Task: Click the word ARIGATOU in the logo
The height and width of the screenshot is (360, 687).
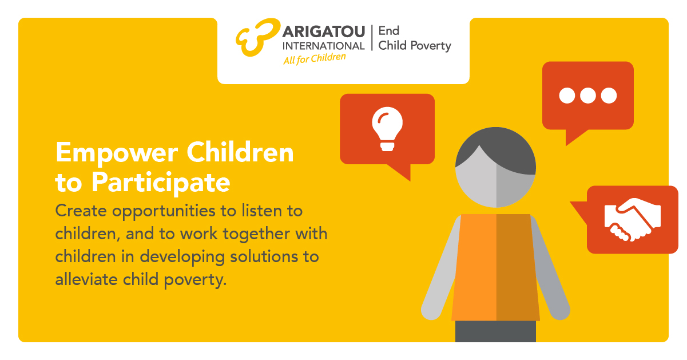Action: point(324,32)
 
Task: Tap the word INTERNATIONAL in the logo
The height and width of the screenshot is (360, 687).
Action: point(323,46)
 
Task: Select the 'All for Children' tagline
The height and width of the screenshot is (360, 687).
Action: point(315,58)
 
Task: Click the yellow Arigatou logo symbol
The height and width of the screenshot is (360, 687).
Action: point(257,37)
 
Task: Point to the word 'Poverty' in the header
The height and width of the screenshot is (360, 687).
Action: point(431,46)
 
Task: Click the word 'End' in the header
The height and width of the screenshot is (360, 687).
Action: point(389,31)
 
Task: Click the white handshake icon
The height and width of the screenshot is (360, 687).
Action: point(633,219)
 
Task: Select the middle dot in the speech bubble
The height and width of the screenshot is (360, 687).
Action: point(587,96)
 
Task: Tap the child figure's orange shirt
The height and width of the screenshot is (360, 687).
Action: point(495,267)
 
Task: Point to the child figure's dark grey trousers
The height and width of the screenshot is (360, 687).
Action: point(495,331)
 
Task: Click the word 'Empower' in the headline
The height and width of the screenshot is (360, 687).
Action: point(117,153)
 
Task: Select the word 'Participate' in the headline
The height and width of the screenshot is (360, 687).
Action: point(161,183)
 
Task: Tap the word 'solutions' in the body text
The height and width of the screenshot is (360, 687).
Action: point(264,256)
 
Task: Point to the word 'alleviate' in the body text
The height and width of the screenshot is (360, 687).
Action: point(86,279)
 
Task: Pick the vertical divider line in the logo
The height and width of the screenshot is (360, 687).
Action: point(372,38)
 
